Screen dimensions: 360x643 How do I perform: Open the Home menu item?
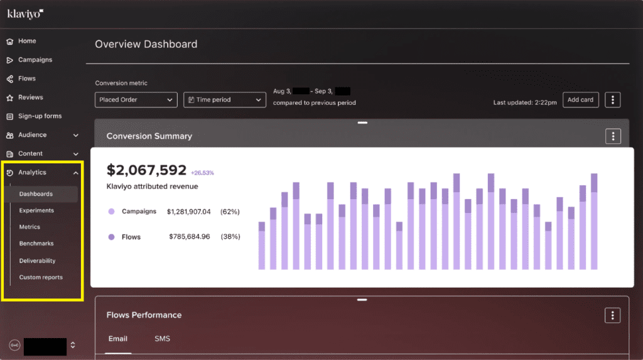tap(26, 41)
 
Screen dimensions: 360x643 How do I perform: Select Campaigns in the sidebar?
tap(35, 60)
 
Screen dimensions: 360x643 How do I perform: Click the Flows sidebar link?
tap(26, 79)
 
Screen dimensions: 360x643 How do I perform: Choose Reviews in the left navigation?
tap(30, 98)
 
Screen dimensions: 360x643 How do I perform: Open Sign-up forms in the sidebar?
tap(39, 116)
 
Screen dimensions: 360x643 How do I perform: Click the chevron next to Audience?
tap(76, 135)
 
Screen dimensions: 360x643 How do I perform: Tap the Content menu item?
tap(30, 154)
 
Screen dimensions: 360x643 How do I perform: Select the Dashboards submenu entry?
tap(36, 194)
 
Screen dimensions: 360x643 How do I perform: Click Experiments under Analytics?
tap(36, 210)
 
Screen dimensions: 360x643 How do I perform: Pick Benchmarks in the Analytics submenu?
tap(36, 244)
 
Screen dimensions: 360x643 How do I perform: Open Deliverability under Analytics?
tap(37, 261)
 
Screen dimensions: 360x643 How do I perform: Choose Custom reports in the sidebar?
tap(41, 277)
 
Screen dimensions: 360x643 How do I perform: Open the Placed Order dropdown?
tap(136, 100)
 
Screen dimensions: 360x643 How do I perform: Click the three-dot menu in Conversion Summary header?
tap(613, 136)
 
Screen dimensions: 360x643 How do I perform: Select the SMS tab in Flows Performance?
tap(162, 339)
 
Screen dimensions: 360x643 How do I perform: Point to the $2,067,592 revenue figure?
tap(146, 170)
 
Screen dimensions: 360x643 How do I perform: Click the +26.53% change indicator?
tap(202, 172)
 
